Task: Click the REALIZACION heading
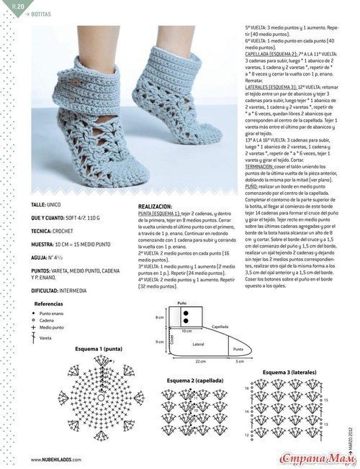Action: [x=156, y=206]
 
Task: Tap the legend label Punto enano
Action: [x=51, y=314]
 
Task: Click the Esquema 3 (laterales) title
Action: [x=285, y=371]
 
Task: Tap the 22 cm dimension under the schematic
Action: [x=200, y=362]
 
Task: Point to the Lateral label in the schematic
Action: [x=199, y=345]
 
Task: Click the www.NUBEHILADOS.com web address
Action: [x=56, y=459]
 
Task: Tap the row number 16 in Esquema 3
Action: [x=247, y=387]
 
